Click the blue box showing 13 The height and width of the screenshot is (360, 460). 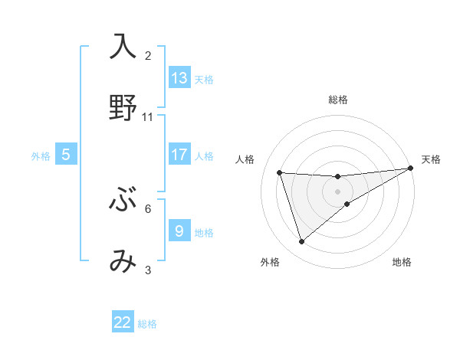click(179, 78)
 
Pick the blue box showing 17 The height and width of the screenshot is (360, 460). click(179, 155)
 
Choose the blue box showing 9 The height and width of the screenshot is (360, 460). click(179, 231)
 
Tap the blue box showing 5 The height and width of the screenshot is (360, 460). click(66, 155)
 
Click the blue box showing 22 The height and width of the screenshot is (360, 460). click(123, 322)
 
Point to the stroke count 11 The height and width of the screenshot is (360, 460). click(148, 117)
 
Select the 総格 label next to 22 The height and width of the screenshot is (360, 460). click(147, 324)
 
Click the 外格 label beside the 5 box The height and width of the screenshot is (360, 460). click(41, 156)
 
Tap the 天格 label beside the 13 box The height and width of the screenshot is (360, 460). click(204, 80)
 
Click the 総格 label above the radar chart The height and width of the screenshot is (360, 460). click(338, 100)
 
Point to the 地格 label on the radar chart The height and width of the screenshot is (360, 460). click(402, 262)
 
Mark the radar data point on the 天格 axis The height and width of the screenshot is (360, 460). click(409, 169)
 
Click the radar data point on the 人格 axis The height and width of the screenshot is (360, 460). click(280, 172)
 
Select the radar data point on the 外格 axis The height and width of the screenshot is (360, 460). click(301, 242)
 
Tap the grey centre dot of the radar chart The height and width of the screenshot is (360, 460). click(337, 191)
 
